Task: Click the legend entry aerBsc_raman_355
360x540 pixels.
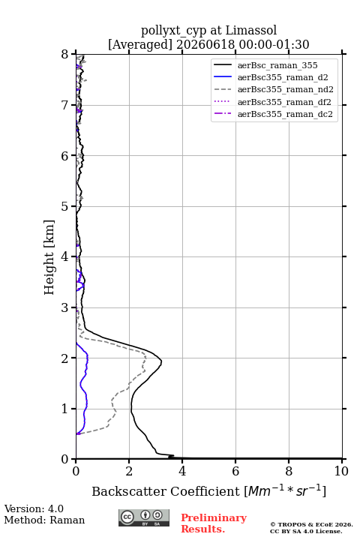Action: tap(277, 65)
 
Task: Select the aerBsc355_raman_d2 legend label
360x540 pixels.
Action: tap(283, 77)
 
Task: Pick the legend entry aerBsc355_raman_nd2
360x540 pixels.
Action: tap(285, 89)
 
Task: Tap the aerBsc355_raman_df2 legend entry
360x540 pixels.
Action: tap(283, 102)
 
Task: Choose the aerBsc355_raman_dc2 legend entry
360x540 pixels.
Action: tap(285, 114)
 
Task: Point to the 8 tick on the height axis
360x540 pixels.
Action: tap(65, 55)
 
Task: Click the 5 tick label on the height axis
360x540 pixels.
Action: tap(65, 206)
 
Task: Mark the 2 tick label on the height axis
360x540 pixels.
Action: tap(65, 358)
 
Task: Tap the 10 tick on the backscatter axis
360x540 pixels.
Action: tap(341, 471)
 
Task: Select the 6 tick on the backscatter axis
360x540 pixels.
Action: tap(235, 471)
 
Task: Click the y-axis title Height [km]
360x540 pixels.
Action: tap(49, 257)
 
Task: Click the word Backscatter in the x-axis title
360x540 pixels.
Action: tap(129, 491)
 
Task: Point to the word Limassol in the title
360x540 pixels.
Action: tap(251, 30)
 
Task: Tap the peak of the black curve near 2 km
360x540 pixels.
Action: tap(161, 361)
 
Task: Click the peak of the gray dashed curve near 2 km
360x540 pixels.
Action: tap(145, 358)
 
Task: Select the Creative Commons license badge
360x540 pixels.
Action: tap(144, 518)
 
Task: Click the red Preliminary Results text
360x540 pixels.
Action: tap(214, 523)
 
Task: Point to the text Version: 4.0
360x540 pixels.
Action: tap(34, 508)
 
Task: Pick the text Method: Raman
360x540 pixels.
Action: tap(44, 520)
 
